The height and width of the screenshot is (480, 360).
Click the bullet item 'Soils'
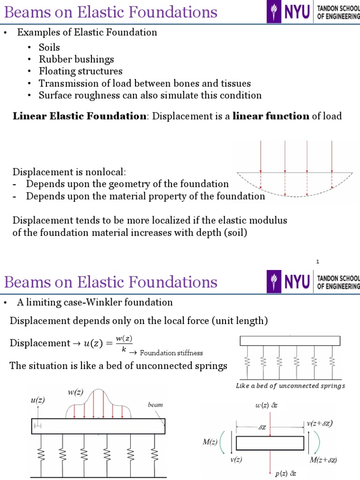click(49, 47)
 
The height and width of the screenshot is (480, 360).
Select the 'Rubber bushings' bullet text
click(76, 60)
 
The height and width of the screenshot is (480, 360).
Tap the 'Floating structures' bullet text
click(80, 71)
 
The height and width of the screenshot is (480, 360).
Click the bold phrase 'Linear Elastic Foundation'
click(79, 116)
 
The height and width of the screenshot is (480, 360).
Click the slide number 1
click(317, 262)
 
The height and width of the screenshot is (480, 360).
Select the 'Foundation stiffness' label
click(171, 353)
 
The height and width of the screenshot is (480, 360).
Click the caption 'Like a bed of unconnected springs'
click(290, 386)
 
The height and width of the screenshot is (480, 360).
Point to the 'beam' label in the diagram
click(155, 405)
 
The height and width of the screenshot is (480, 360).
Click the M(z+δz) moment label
click(323, 460)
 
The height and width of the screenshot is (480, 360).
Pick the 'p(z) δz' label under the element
click(285, 473)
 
